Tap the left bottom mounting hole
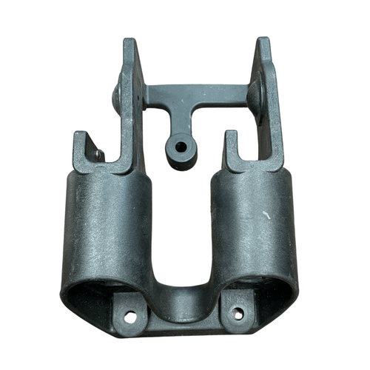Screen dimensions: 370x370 click(130, 316)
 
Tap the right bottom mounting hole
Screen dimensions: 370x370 click(238, 314)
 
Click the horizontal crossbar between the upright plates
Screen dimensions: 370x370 click(200, 94)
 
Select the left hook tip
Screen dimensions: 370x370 click(78, 137)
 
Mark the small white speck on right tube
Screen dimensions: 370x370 click(266, 215)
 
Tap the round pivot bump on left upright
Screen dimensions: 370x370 click(117, 95)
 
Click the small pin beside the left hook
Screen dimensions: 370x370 click(99, 154)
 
